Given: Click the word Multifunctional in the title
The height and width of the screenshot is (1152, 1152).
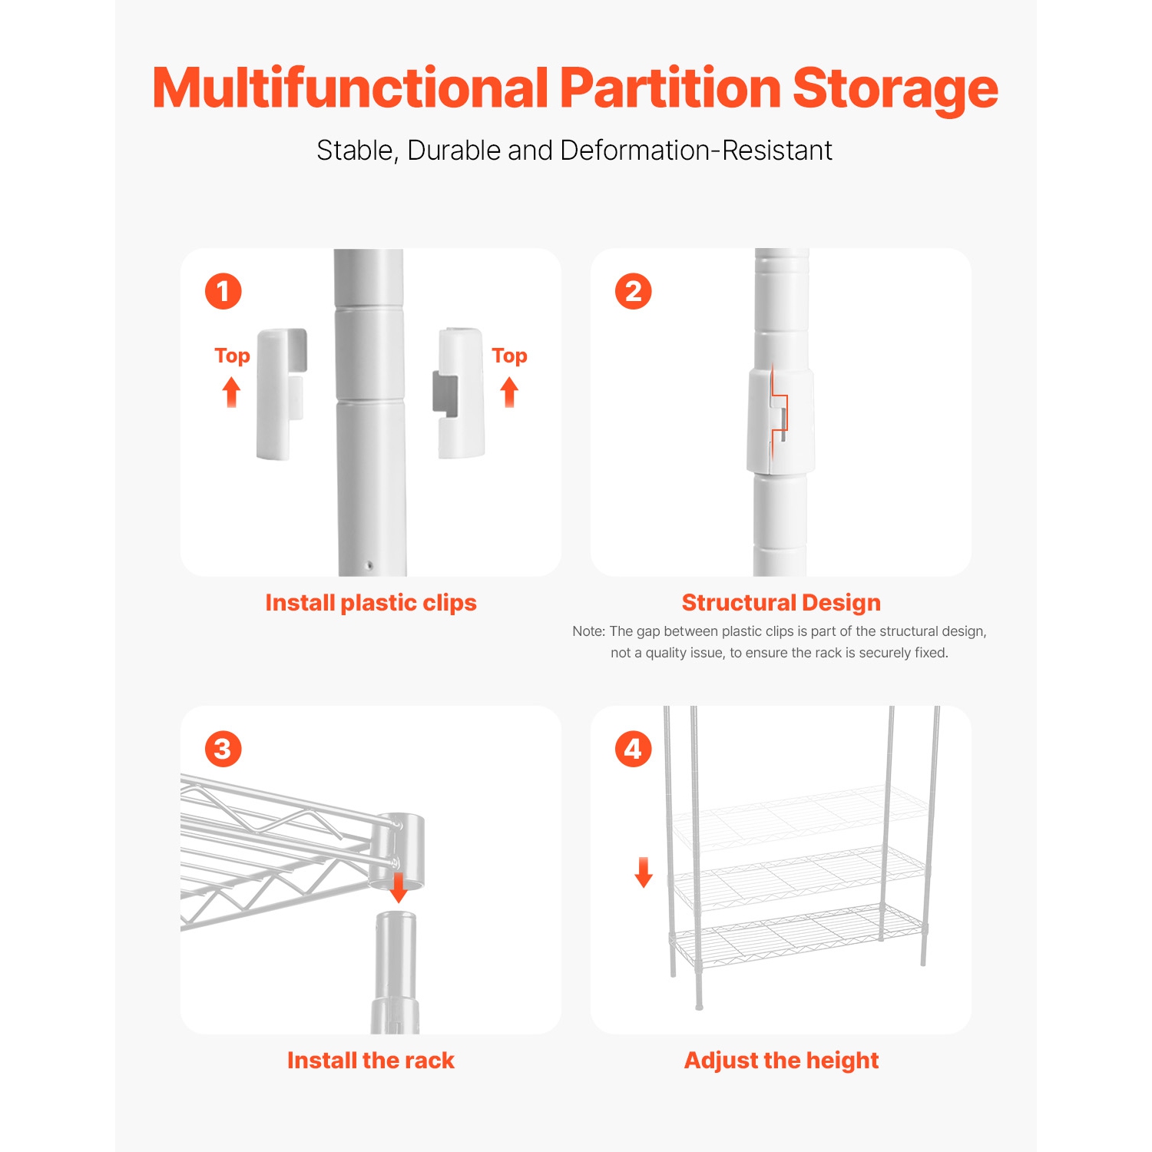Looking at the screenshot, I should (x=350, y=88).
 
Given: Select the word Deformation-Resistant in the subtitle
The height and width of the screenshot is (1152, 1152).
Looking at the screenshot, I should (x=696, y=151).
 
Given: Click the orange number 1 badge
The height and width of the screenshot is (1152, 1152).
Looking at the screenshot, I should (x=223, y=292).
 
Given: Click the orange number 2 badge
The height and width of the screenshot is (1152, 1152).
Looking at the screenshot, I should (x=634, y=292).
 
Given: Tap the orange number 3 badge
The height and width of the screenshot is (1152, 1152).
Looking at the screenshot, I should (x=223, y=749).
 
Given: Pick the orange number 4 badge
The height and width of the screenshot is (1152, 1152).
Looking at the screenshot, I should (x=634, y=749).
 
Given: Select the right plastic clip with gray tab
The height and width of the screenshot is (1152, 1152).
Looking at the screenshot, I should (x=460, y=393).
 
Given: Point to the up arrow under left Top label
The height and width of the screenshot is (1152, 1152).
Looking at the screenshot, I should (x=231, y=392).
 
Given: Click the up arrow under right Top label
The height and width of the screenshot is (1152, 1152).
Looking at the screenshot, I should (x=509, y=392).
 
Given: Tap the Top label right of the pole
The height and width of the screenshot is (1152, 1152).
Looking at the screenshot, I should (x=509, y=356).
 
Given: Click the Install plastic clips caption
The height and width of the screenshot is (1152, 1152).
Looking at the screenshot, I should (x=371, y=603).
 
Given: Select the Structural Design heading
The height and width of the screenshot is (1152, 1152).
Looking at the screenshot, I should (x=781, y=603).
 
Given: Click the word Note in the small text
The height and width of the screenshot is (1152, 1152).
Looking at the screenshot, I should (x=588, y=631).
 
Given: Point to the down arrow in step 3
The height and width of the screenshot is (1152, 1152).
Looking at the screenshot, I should (x=399, y=887).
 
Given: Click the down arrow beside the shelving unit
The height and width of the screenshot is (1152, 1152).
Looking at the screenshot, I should (x=644, y=872).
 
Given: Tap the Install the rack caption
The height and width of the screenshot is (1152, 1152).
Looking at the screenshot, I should (x=371, y=1061).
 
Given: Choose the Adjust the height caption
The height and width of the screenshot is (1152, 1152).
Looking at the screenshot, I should (x=781, y=1061).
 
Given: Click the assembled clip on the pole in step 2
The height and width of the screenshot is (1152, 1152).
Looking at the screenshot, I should (x=780, y=420).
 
